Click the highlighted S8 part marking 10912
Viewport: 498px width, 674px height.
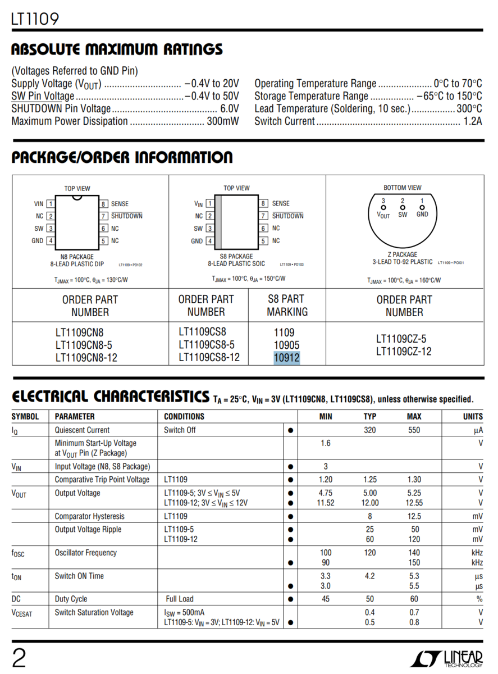click(287, 358)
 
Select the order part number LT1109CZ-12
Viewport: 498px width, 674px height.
click(404, 352)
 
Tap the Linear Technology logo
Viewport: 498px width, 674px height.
click(446, 658)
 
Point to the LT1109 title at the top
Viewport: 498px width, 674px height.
click(35, 20)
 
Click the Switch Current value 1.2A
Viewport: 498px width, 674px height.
click(472, 121)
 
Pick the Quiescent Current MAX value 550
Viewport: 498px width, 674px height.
click(414, 430)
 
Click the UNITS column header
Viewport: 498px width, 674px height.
click(473, 417)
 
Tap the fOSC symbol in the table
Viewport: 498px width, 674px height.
click(18, 553)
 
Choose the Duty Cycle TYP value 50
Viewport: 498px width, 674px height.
click(370, 599)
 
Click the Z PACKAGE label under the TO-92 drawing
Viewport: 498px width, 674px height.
click(402, 254)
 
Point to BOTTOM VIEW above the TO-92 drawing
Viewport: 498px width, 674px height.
click(403, 188)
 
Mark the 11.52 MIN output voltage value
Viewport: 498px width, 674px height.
click(326, 503)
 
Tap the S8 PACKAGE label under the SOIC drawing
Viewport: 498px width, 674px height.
click(236, 256)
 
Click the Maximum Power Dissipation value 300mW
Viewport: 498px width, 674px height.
click(222, 121)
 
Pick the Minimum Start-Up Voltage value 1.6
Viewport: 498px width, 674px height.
click(326, 443)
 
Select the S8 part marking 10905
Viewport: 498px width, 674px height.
click(287, 345)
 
